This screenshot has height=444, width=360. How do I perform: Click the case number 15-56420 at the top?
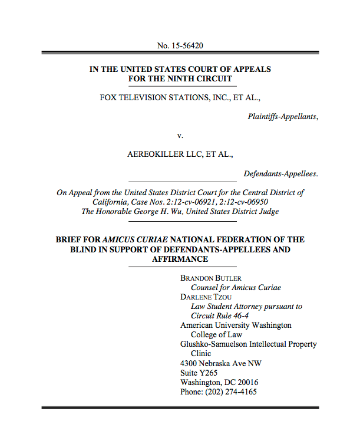click(x=186, y=45)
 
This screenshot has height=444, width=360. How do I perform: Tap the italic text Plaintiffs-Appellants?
click(x=283, y=116)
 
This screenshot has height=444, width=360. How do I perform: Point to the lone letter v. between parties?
click(x=180, y=136)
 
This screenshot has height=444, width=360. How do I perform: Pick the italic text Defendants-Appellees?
click(x=280, y=173)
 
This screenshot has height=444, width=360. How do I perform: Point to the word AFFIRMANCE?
click(x=180, y=259)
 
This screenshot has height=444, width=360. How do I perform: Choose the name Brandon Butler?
click(x=211, y=278)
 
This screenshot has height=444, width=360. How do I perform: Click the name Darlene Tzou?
click(x=209, y=297)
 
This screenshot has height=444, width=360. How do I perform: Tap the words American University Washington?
click(x=236, y=325)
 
